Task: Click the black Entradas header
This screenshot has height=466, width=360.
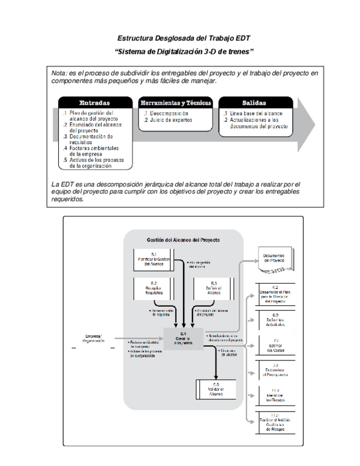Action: (x=94, y=103)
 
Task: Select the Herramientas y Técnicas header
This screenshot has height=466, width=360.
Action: (x=175, y=103)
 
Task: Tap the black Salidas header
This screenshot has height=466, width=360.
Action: (x=254, y=103)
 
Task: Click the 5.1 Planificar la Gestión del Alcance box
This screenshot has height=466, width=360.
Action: (x=154, y=259)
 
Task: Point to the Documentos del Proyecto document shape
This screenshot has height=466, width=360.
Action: (x=274, y=259)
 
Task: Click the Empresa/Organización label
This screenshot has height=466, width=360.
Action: (x=94, y=339)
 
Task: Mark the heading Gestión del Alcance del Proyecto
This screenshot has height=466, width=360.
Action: (x=183, y=240)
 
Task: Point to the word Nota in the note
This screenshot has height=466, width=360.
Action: (x=58, y=73)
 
